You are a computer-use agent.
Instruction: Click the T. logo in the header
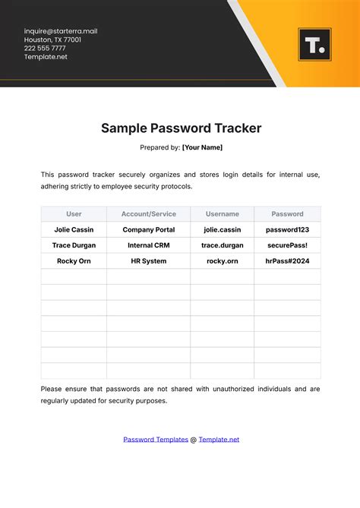315,45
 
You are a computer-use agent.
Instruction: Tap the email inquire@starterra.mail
61,31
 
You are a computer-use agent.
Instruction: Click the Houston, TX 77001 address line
52,39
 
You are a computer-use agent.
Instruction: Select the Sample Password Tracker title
181,128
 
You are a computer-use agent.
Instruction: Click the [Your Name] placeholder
202,147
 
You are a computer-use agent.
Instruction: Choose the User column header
74,214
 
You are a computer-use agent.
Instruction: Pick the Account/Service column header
148,214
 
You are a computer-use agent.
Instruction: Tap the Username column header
222,214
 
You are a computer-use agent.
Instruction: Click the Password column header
287,214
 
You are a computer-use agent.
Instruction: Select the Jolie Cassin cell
74,229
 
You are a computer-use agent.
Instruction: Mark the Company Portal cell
148,229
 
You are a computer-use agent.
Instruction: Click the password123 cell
287,229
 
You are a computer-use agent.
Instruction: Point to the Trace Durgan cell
74,245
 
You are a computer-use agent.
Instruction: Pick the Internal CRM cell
148,245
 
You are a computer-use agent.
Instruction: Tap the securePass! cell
287,245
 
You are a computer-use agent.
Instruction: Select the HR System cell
148,261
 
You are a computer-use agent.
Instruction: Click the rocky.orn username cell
222,261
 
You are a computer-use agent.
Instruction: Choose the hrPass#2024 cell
287,261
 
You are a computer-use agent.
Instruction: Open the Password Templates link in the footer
156,439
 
